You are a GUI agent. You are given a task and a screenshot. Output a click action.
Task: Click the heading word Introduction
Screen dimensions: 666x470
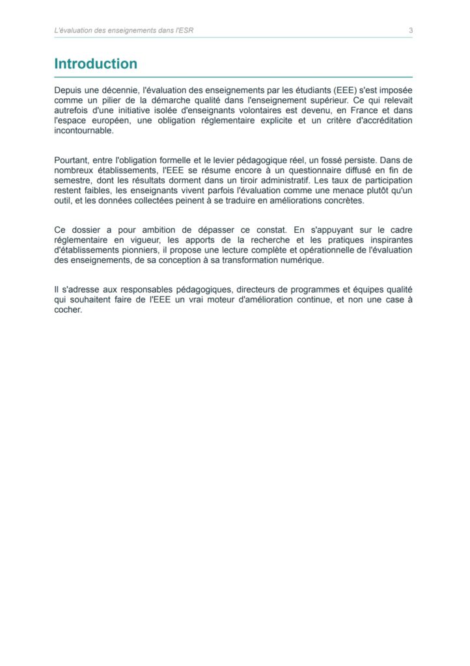click(x=96, y=64)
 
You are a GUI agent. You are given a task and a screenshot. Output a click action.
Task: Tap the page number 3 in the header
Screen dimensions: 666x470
click(x=411, y=30)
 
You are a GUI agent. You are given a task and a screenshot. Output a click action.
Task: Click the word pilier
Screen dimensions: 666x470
click(x=114, y=101)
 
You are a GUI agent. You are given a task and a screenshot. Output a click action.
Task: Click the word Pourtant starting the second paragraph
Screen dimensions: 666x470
click(x=72, y=160)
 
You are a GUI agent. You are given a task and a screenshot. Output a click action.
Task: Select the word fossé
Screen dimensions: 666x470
click(x=300, y=160)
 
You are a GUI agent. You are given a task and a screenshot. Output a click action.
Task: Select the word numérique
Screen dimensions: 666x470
click(x=302, y=260)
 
